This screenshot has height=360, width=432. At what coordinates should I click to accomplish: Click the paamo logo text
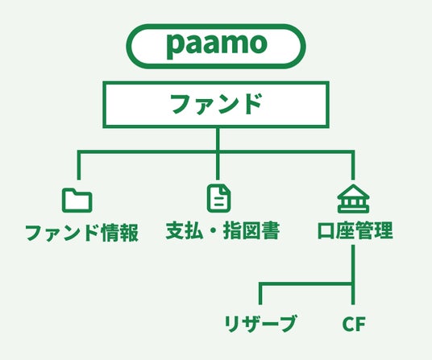[x=217, y=45]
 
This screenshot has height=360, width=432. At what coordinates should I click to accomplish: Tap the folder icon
[x=77, y=200]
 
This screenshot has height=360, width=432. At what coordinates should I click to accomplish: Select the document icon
[x=219, y=199]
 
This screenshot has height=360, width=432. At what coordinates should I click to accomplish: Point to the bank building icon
[x=354, y=199]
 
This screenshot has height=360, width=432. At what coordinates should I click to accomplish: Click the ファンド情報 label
[x=82, y=233]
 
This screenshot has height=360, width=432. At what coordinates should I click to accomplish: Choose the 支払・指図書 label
[x=222, y=230]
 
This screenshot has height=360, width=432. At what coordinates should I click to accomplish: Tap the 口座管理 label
[x=355, y=230]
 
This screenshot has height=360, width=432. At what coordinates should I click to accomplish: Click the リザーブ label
[x=260, y=324]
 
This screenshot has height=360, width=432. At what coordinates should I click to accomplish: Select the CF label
[x=354, y=324]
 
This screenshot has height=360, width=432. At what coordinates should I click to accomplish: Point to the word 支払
[x=185, y=230]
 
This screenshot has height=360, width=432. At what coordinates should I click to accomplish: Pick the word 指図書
[x=251, y=230]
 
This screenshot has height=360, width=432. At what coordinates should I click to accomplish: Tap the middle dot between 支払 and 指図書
[x=214, y=230]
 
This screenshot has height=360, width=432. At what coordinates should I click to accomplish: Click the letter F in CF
[x=360, y=324]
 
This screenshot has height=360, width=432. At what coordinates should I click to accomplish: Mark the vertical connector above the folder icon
[x=79, y=165]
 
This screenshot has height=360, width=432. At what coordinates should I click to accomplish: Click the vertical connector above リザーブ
[x=260, y=294]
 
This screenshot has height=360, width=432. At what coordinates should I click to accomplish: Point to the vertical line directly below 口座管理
[x=353, y=275]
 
